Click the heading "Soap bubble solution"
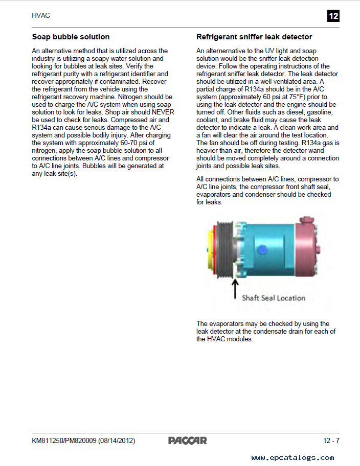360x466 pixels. tap(71, 37)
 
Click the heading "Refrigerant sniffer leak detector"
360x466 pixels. tap(254, 37)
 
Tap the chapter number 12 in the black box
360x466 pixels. tap(333, 16)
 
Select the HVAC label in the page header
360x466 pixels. tap(41, 16)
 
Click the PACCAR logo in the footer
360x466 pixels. tap(188, 440)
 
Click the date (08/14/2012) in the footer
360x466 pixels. tap(117, 440)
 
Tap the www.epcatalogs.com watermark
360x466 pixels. tap(292, 457)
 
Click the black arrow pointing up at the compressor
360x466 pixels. tap(235, 288)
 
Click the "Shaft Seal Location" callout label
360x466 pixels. tap(274, 298)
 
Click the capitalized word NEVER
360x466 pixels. tap(164, 112)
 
